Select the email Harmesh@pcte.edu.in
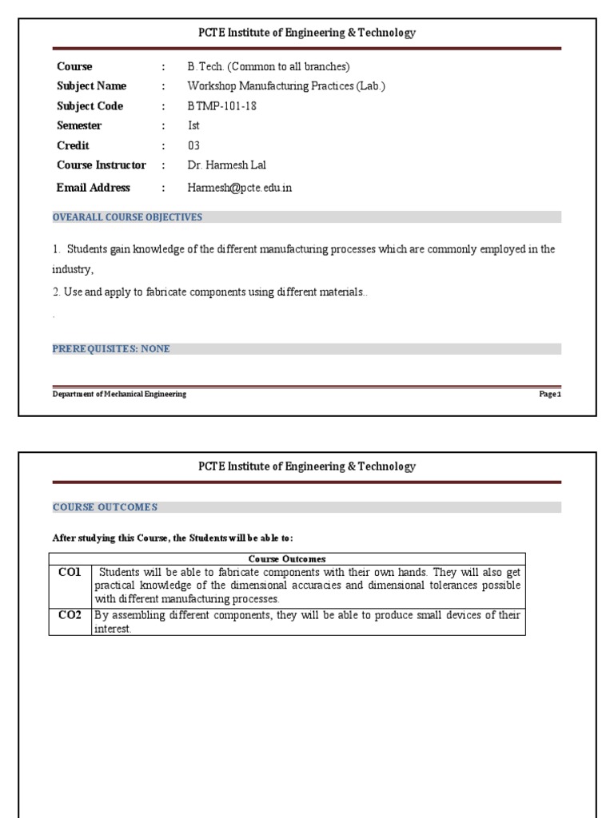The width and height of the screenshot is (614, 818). tap(239, 188)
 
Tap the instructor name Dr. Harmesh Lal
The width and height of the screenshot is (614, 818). tap(226, 165)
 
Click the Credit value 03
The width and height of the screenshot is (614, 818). tap(193, 145)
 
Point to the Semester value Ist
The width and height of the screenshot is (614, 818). tap(193, 125)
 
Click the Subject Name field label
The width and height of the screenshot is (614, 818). tap(91, 86)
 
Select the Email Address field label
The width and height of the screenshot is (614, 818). tap(93, 188)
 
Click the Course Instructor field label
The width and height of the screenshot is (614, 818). tap(101, 165)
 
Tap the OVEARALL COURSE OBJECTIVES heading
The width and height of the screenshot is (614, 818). tap(127, 217)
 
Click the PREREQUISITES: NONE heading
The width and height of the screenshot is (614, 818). tap(111, 349)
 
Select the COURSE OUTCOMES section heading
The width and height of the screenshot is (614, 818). tap(105, 507)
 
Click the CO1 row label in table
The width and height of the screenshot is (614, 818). tap(70, 573)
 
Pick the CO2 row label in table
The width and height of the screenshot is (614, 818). tap(70, 615)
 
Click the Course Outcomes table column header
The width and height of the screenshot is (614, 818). tap(287, 559)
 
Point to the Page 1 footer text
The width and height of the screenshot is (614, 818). tap(550, 395)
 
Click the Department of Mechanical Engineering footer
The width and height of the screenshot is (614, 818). tap(119, 395)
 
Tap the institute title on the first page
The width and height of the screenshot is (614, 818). tap(307, 33)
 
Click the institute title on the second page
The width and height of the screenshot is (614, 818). tap(307, 467)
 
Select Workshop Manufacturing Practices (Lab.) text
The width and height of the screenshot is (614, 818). tap(285, 86)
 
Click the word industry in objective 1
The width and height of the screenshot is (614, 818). tap(73, 270)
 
